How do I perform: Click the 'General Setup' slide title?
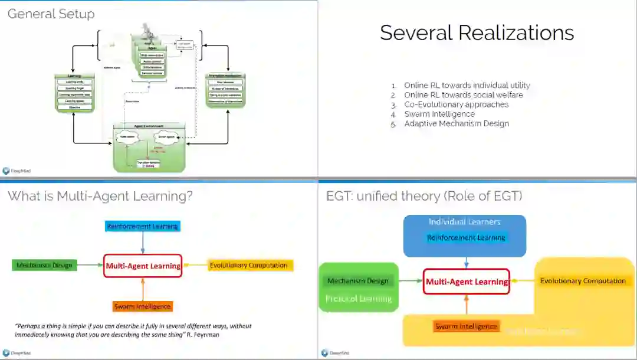pyautogui.click(x=51, y=14)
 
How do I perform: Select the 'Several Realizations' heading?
pyautogui.click(x=477, y=32)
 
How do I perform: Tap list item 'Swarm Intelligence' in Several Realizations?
pyautogui.click(x=439, y=114)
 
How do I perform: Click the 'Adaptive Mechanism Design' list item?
pyautogui.click(x=456, y=123)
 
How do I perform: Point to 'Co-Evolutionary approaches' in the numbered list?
pyautogui.click(x=456, y=104)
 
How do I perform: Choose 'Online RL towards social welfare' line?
pyautogui.click(x=463, y=94)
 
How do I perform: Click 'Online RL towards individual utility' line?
pyautogui.click(x=467, y=85)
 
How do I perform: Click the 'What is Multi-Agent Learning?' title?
pyautogui.click(x=100, y=196)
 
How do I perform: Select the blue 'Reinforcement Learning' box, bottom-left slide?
pyautogui.click(x=142, y=226)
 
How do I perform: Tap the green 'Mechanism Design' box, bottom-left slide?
pyautogui.click(x=44, y=265)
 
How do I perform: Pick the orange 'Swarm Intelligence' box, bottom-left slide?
pyautogui.click(x=142, y=306)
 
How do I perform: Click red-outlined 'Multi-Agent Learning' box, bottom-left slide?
pyautogui.click(x=143, y=266)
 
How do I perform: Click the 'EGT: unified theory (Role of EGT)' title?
pyautogui.click(x=424, y=196)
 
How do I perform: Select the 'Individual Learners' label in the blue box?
pyautogui.click(x=464, y=222)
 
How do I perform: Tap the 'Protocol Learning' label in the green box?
pyautogui.click(x=359, y=299)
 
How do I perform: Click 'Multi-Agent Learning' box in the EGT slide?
pyautogui.click(x=467, y=282)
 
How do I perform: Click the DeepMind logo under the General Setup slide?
pyautogui.click(x=17, y=171)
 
